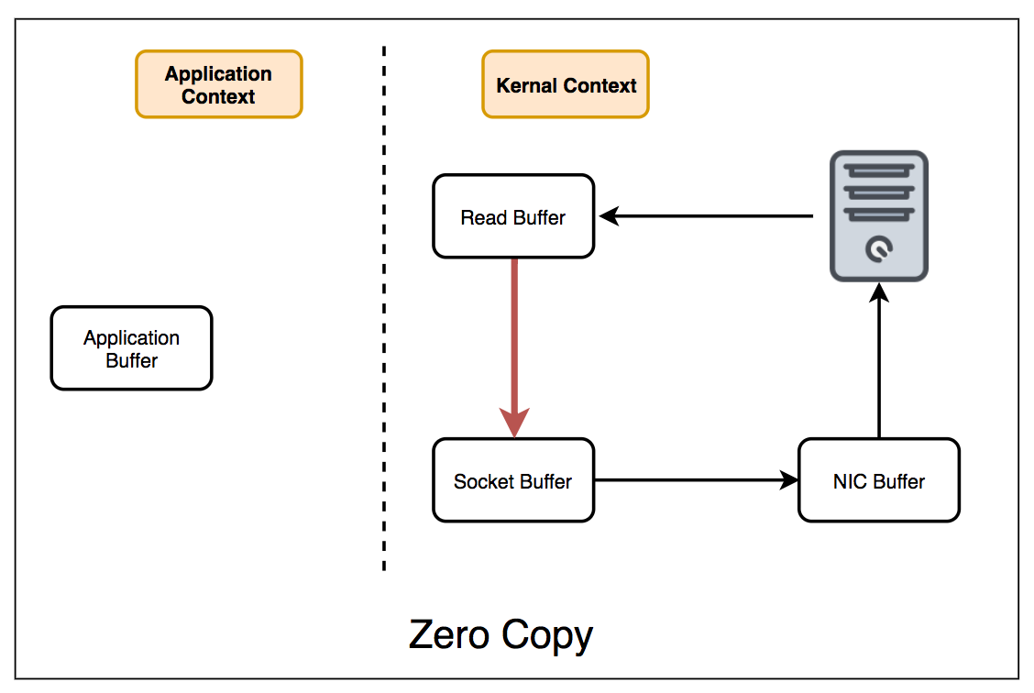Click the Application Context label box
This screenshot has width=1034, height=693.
pyautogui.click(x=218, y=84)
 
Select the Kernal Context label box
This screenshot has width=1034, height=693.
pyautogui.click(x=566, y=84)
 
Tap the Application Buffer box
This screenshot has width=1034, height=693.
pyautogui.click(x=131, y=348)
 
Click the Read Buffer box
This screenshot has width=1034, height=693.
pyautogui.click(x=513, y=217)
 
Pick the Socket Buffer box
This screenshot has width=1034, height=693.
pyautogui.click(x=513, y=480)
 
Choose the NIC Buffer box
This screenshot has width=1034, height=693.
pyautogui.click(x=878, y=480)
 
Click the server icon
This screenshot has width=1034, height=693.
pyautogui.click(x=878, y=215)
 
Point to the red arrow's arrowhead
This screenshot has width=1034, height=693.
pyautogui.click(x=514, y=423)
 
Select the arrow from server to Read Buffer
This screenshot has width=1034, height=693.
pyautogui.click(x=706, y=216)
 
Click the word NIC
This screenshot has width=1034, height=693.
pyautogui.click(x=849, y=481)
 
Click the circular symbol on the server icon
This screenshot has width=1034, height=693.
pyautogui.click(x=878, y=248)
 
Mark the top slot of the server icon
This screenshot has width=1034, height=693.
pyautogui.click(x=878, y=170)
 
